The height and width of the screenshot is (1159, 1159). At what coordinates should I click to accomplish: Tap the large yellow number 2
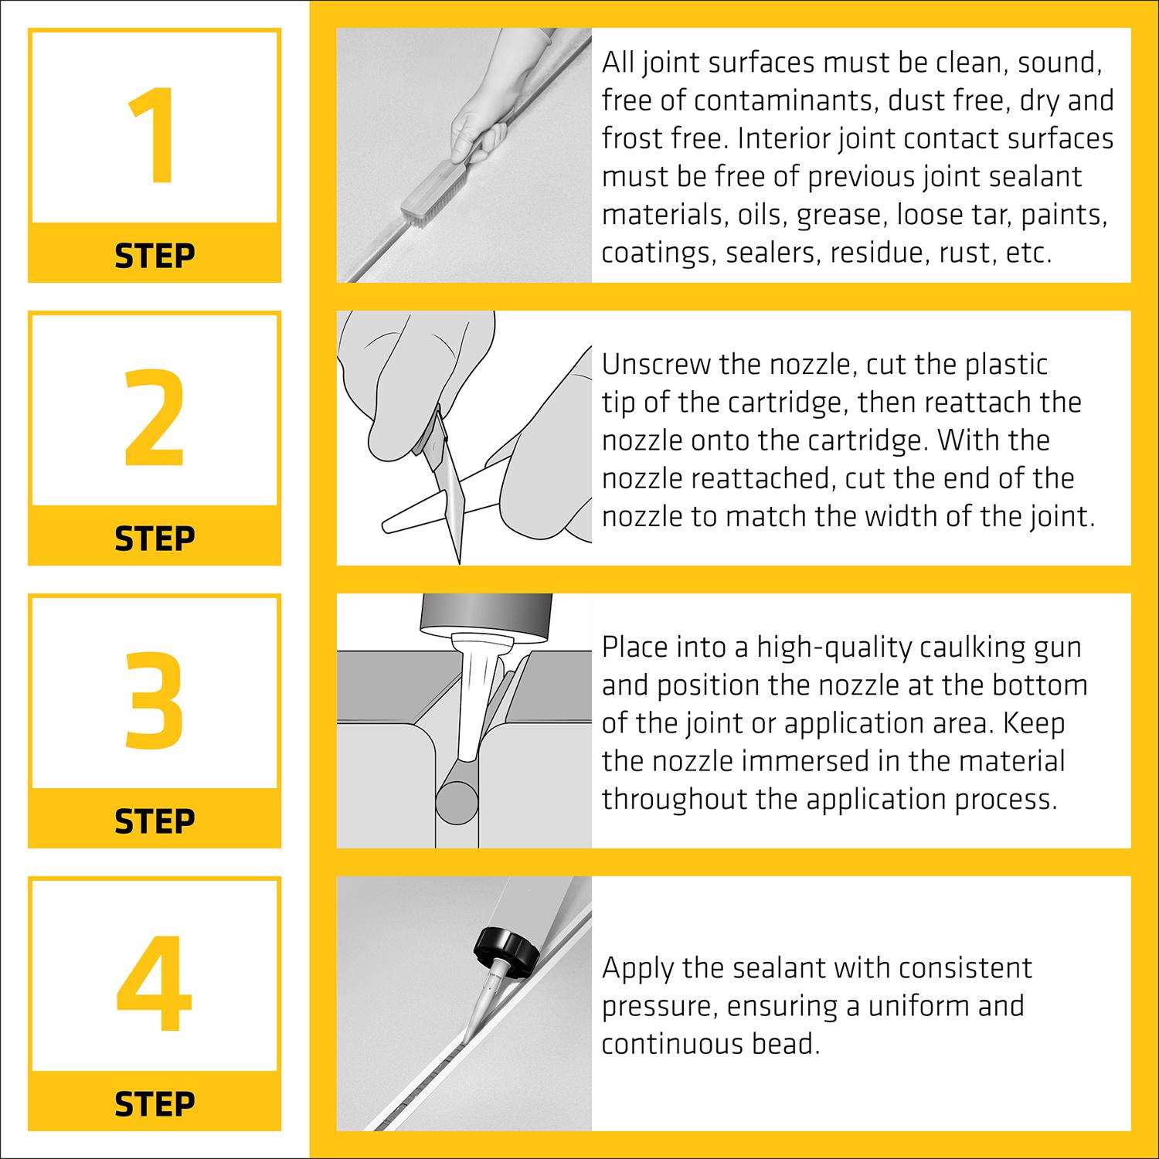155,419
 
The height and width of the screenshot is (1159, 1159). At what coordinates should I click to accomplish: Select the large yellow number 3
155,702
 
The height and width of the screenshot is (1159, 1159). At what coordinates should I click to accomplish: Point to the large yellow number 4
155,984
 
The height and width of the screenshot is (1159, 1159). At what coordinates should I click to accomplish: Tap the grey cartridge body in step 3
487,614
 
